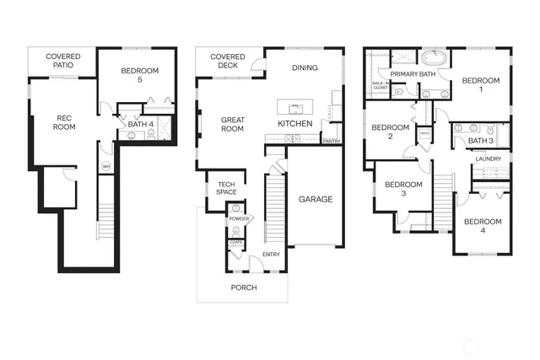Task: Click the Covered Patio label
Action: click(63, 62)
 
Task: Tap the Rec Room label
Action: click(66, 123)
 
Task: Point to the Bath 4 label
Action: click(140, 126)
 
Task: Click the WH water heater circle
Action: click(106, 167)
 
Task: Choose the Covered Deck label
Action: click(228, 62)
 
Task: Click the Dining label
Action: click(305, 67)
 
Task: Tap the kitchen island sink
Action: click(296, 108)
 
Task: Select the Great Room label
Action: click(232, 125)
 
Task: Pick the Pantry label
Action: click(331, 142)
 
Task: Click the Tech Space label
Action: click(226, 189)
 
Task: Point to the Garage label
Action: click(315, 200)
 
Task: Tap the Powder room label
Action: click(237, 218)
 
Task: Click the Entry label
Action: click(271, 255)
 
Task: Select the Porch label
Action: click(245, 287)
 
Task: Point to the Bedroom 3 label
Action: click(402, 189)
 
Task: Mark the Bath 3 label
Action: click(480, 141)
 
